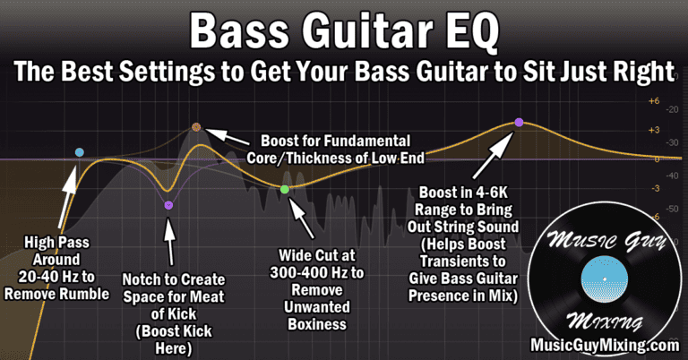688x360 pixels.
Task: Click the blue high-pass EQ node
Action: click(x=80, y=152)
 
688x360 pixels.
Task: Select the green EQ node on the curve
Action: click(x=284, y=189)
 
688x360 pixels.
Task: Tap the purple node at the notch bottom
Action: click(x=168, y=205)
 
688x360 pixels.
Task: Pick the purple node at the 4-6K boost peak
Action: click(x=518, y=123)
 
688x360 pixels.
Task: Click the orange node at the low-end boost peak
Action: click(x=196, y=128)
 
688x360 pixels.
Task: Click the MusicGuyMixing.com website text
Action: click(x=605, y=345)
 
